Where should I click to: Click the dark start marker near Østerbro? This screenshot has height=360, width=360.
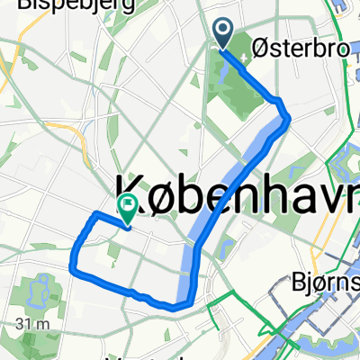click(223, 34)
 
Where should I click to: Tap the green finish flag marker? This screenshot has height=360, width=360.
click(128, 209)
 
